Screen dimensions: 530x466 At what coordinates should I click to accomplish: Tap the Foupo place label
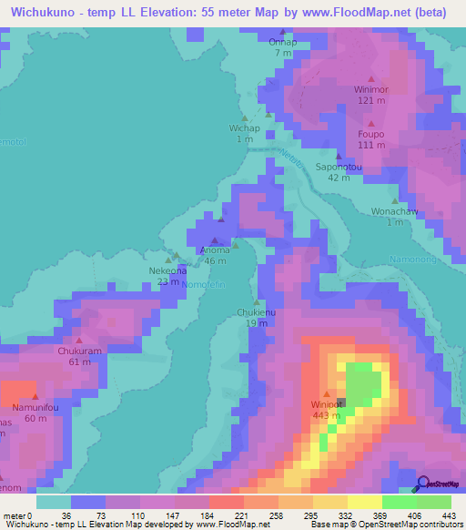pyautogui.click(x=371, y=134)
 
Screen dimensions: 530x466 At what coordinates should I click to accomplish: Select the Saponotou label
pyautogui.click(x=339, y=167)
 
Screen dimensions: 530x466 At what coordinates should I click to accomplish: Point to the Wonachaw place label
pyautogui.click(x=394, y=211)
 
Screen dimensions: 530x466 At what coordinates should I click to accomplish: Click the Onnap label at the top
pyautogui.click(x=283, y=42)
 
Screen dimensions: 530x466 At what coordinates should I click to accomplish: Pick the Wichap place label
pyautogui.click(x=245, y=128)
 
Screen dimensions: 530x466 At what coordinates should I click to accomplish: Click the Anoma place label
pyautogui.click(x=215, y=250)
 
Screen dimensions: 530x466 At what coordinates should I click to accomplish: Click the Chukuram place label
pyautogui.click(x=80, y=351)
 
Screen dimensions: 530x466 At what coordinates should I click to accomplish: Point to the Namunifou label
pyautogui.click(x=35, y=408)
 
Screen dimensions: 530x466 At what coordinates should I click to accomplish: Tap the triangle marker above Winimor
pyautogui.click(x=370, y=78)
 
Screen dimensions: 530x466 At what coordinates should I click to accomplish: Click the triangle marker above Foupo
pyautogui.click(x=371, y=122)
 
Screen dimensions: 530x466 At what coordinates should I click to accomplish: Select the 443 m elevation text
pyautogui.click(x=328, y=416)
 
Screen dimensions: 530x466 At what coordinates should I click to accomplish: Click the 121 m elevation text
pyautogui.click(x=371, y=101)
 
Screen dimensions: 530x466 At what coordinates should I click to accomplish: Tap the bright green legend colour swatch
pyautogui.click(x=399, y=502)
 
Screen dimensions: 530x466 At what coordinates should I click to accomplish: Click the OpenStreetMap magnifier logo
pyautogui.click(x=422, y=484)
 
